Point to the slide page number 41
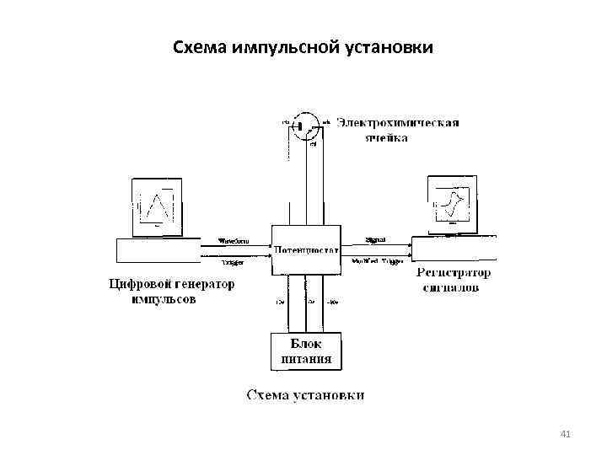click(x=565, y=434)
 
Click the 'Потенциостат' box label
click(x=306, y=250)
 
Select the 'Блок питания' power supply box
click(x=306, y=351)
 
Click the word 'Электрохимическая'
click(x=398, y=123)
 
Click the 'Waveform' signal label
click(x=234, y=240)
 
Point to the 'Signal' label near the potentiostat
click(x=375, y=239)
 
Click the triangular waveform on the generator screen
click(x=158, y=206)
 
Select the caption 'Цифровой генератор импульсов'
click(x=170, y=292)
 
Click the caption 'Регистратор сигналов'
click(x=454, y=280)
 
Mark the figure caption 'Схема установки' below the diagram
click(x=305, y=394)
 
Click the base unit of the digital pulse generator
click(x=158, y=250)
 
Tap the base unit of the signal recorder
click(x=454, y=249)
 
